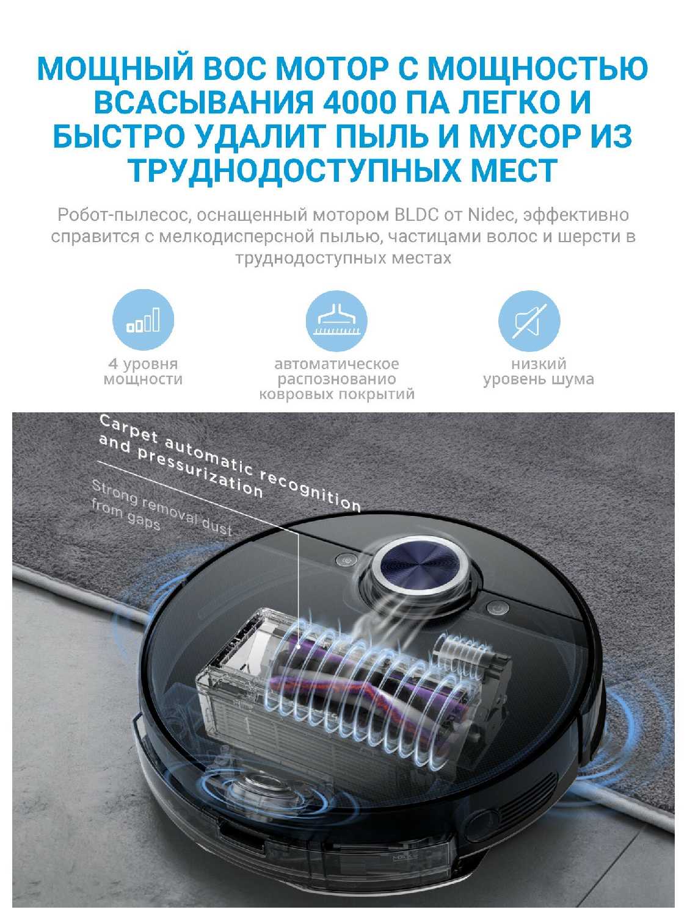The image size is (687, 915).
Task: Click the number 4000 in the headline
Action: [357, 102]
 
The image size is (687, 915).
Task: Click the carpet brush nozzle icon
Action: [336, 321]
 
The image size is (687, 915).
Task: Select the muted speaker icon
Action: [529, 321]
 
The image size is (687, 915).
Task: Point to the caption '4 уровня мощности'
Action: [143, 371]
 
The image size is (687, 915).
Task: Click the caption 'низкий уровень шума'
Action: [539, 371]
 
